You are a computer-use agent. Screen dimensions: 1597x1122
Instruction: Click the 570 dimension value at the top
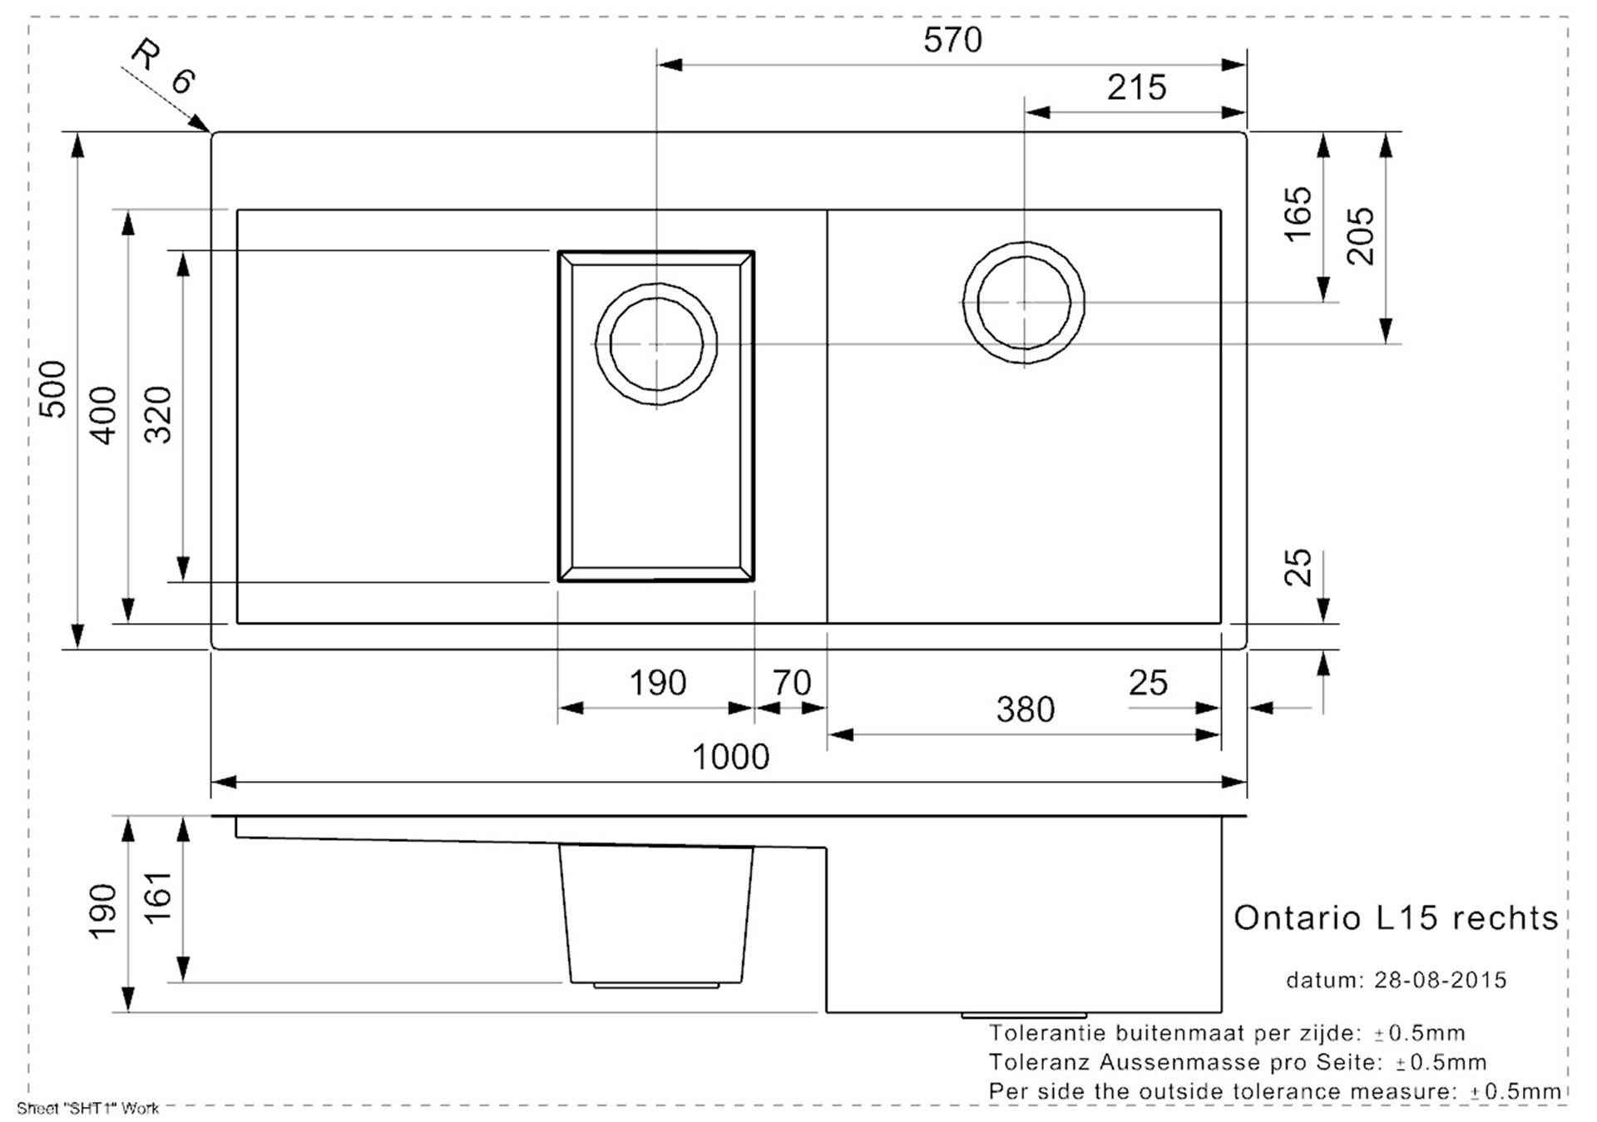tap(952, 40)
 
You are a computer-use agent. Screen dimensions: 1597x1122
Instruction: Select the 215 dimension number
tap(1136, 87)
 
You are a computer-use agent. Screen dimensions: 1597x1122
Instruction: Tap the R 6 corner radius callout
tap(163, 67)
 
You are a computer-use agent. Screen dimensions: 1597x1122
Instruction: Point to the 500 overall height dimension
tap(53, 389)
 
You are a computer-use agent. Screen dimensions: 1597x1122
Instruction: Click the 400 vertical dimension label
tap(103, 415)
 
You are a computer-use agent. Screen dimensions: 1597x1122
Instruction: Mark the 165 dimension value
tap(1298, 215)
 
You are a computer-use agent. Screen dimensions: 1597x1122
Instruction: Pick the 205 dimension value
tap(1361, 236)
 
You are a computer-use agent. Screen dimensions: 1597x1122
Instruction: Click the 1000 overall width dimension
tap(730, 757)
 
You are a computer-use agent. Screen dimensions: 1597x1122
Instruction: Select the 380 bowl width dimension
tap(1026, 710)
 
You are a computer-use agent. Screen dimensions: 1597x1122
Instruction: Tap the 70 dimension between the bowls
tap(791, 684)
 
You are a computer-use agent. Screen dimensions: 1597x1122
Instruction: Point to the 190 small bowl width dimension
tap(657, 684)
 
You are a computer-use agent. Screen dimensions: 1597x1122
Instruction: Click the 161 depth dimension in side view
tap(157, 897)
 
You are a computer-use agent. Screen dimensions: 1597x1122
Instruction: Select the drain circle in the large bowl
tap(1024, 243)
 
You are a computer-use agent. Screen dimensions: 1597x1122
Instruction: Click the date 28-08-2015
tap(1440, 981)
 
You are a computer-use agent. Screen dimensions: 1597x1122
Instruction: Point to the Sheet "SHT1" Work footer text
tap(87, 1109)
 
